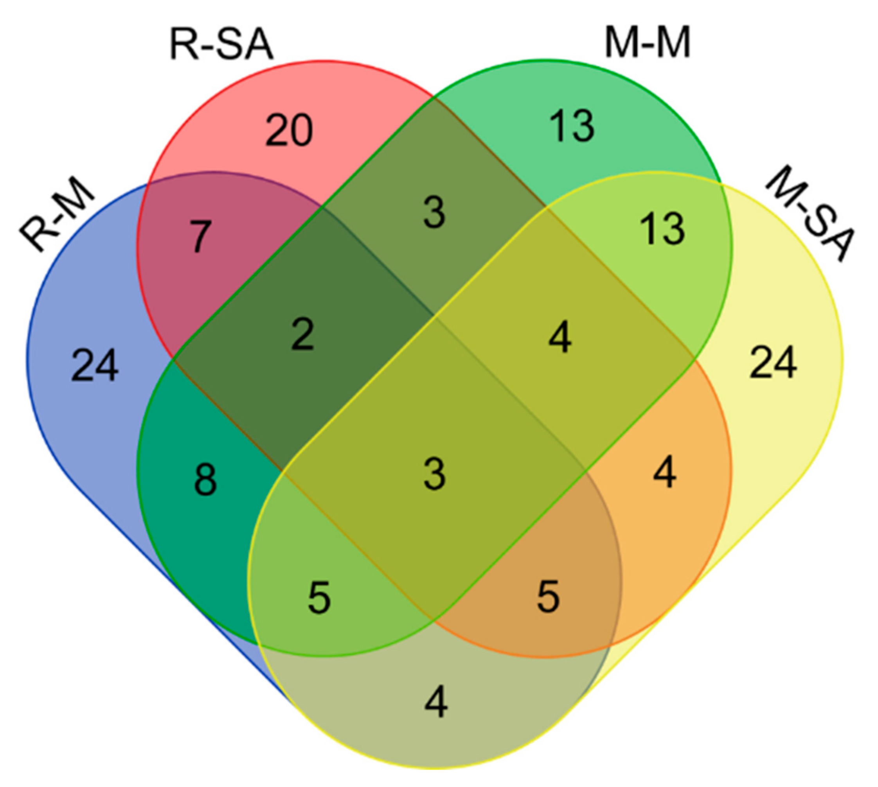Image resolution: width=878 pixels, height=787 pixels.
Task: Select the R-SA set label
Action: (x=221, y=45)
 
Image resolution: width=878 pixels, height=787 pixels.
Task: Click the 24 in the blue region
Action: (x=94, y=366)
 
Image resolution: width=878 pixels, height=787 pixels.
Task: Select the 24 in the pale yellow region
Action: (x=773, y=362)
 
